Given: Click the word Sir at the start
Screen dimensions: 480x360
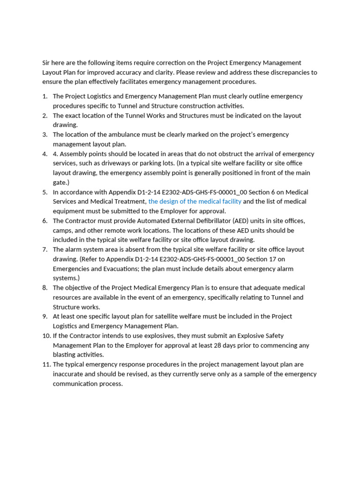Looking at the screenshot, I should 46,63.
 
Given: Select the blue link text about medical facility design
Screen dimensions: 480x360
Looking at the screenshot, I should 195,202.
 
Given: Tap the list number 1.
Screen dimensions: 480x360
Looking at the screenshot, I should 45,96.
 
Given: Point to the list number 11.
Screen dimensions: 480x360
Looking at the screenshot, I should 46,364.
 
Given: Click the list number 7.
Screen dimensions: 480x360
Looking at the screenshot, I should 45,249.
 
